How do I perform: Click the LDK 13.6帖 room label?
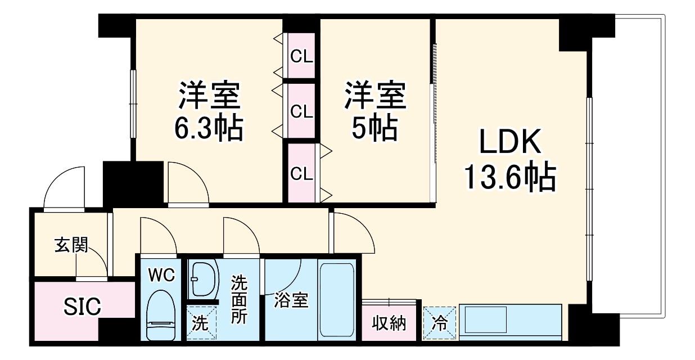509,160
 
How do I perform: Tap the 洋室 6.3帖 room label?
209,111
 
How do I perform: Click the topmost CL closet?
301,56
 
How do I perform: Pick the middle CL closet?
301,111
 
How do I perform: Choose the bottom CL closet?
301,174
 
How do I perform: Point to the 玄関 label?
71,245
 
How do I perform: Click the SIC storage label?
82,307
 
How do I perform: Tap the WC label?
161,275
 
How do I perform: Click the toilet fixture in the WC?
161,315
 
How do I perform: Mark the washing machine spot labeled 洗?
201,323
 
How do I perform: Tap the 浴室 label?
291,300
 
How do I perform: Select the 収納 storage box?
389,323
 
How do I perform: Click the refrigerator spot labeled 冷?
440,323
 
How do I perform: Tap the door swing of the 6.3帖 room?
187,183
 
